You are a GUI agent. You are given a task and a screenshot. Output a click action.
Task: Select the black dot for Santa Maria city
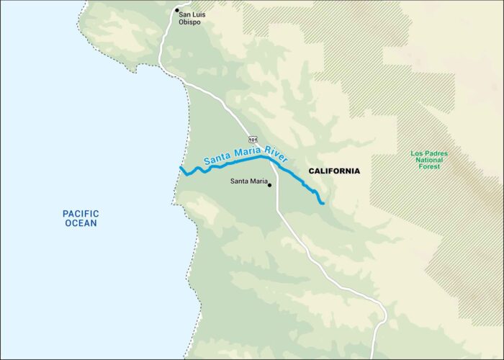[x=269, y=185]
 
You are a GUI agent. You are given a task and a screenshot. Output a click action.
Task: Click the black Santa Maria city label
[x=247, y=181]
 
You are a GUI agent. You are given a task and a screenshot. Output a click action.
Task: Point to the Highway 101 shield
[x=253, y=138]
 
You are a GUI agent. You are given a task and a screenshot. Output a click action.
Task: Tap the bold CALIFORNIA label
[x=334, y=171]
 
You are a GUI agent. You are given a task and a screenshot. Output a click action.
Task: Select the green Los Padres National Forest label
[x=429, y=160]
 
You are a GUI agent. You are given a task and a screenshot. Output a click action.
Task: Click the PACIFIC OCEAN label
[x=80, y=218]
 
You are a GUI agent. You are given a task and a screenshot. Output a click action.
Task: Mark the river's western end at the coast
[x=181, y=168]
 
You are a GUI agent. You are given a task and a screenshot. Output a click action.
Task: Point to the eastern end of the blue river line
[x=323, y=204]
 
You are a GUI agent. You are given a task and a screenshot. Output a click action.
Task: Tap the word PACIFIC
[x=80, y=213]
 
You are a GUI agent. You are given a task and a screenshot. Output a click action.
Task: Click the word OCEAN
[x=80, y=223]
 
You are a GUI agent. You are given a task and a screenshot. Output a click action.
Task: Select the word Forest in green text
[x=429, y=167]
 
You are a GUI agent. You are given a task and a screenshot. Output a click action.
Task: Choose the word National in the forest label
[x=429, y=160]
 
